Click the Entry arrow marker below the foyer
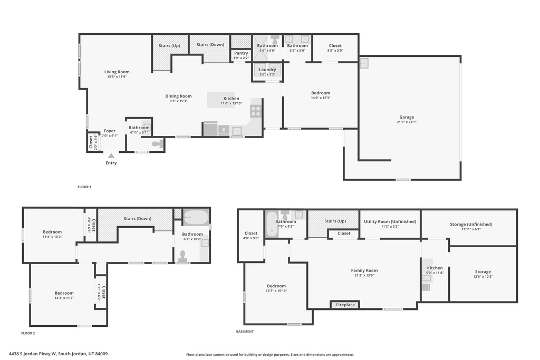tap(111, 155)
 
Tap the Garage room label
tap(406, 117)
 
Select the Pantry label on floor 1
tap(240, 53)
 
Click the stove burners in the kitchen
tap(255, 111)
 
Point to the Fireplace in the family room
tap(345, 305)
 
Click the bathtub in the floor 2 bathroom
tap(196, 217)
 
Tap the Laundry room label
tap(267, 70)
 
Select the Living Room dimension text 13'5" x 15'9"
tap(117, 77)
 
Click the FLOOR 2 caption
tap(28, 333)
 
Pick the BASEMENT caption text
tap(245, 332)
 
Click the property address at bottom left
tap(62, 354)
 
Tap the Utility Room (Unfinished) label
tap(390, 221)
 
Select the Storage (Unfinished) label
tap(471, 225)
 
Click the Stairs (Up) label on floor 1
tap(169, 46)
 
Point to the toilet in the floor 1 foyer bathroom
tap(157, 143)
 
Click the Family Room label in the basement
tap(364, 270)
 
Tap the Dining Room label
tap(178, 96)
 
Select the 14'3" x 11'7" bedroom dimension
tap(64, 298)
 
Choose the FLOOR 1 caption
tap(84, 187)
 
